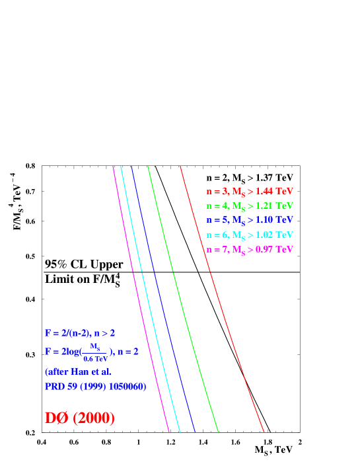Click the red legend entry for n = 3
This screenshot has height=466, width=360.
click(x=249, y=192)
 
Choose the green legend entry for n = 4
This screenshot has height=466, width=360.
click(x=249, y=206)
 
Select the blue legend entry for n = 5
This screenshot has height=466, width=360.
click(x=249, y=220)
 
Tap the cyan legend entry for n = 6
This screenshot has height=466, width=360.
click(x=249, y=235)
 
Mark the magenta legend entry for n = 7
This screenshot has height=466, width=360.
click(x=249, y=250)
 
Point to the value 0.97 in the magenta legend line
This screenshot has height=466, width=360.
click(x=264, y=250)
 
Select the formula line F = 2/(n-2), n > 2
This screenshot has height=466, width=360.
click(x=85, y=334)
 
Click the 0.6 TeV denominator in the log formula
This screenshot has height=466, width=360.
click(x=95, y=358)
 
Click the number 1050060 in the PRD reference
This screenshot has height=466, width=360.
click(x=126, y=386)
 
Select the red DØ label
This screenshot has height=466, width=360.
click(x=57, y=418)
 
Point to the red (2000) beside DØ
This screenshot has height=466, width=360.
click(x=94, y=418)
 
